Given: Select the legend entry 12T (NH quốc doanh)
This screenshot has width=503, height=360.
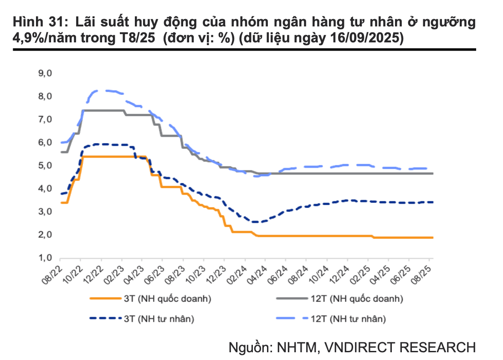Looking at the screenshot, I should pyautogui.click(x=358, y=299).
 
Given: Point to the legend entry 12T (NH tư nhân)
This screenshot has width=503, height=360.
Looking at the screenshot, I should pyautogui.click(x=349, y=319).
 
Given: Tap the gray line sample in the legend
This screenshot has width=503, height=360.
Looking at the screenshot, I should pyautogui.click(x=291, y=299).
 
